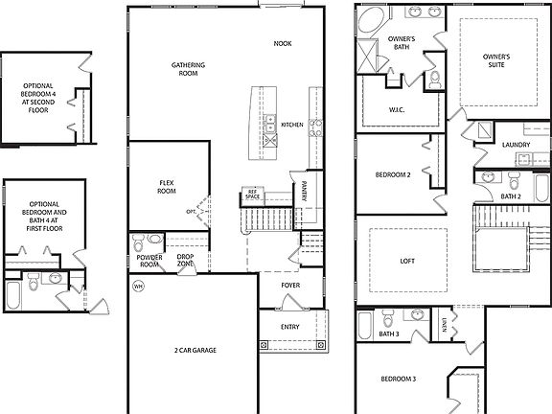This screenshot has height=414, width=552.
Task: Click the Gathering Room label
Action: tap(189, 69)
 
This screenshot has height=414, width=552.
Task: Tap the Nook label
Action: tap(283, 44)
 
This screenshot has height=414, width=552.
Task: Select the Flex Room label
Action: tap(167, 186)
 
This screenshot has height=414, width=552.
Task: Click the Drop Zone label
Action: tap(185, 261)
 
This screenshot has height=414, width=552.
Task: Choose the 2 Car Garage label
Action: tap(195, 351)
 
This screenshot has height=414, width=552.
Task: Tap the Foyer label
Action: tap(290, 286)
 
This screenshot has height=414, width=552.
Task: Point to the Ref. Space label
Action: tap(253, 194)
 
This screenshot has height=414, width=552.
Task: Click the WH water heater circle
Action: tap(138, 286)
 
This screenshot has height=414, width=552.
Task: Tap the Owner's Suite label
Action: tap(496, 59)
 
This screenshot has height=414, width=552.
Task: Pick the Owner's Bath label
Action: tap(401, 42)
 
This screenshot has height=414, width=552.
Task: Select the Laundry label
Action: tap(516, 145)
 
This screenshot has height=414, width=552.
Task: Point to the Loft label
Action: tap(408, 260)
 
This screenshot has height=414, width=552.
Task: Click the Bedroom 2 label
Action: tap(393, 174)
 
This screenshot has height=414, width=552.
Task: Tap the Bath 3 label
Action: tap(388, 333)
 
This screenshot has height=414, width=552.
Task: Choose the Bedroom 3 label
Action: tap(398, 380)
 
